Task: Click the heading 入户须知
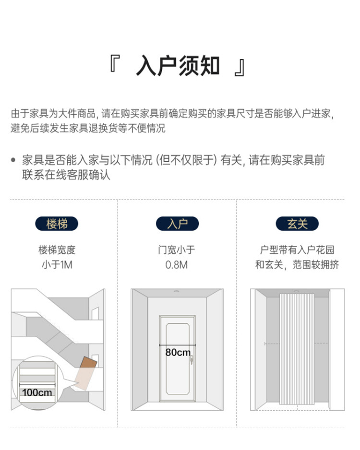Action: pos(178,66)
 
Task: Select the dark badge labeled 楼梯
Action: pos(57,224)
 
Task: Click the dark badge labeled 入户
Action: pos(177,224)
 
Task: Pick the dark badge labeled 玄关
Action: pos(297,224)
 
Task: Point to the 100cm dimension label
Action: pos(37,392)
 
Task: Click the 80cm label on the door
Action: pos(178,352)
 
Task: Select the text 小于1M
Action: pos(57,264)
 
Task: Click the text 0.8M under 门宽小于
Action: pos(177,264)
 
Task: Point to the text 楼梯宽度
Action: pos(57,250)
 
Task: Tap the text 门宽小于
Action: pos(177,250)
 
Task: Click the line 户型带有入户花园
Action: pos(297,250)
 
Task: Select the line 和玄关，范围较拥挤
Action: pos(297,264)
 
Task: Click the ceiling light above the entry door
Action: pos(177,291)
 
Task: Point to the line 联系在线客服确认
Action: pos(66,175)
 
